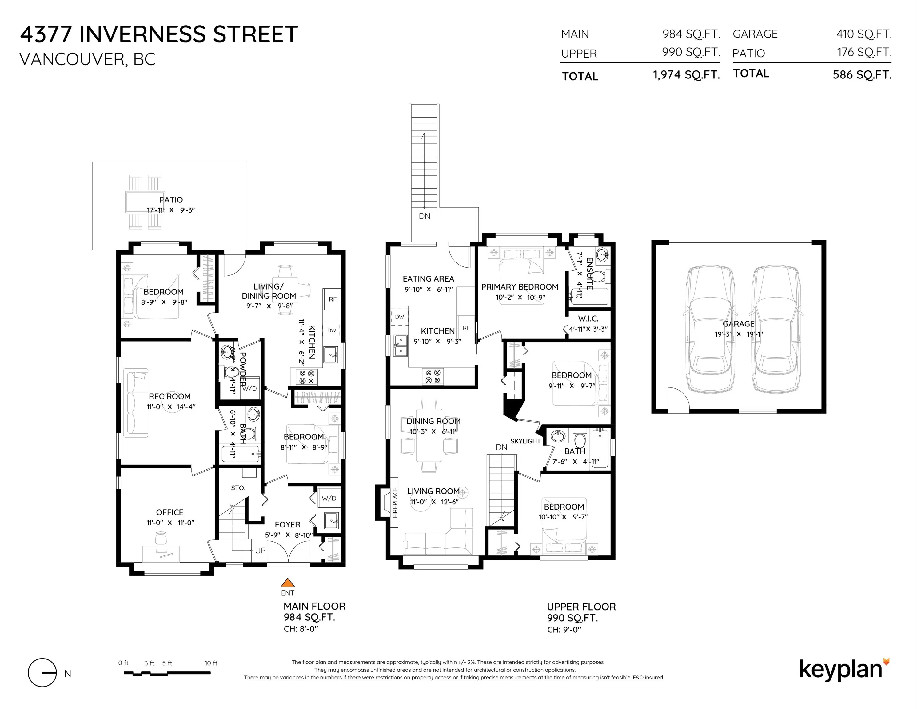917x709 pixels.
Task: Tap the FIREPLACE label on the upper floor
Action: tap(395, 508)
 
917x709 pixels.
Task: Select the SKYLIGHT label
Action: tap(525, 441)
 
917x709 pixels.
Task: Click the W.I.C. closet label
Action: tap(588, 319)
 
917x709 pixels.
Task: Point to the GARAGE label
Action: tap(739, 324)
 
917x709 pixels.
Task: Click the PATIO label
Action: tap(171, 200)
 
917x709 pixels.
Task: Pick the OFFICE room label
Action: tap(169, 512)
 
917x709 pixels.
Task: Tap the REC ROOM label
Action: tap(169, 396)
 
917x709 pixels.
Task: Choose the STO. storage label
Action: tap(238, 488)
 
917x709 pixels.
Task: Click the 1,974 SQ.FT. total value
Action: tap(687, 75)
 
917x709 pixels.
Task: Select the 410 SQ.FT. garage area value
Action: tap(864, 34)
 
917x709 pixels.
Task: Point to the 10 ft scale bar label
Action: tap(211, 663)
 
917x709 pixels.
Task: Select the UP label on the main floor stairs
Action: tap(260, 550)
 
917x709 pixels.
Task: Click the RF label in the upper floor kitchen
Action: tap(466, 328)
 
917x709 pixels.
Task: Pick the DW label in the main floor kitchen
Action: tap(332, 330)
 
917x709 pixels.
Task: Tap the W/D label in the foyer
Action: tap(329, 498)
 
